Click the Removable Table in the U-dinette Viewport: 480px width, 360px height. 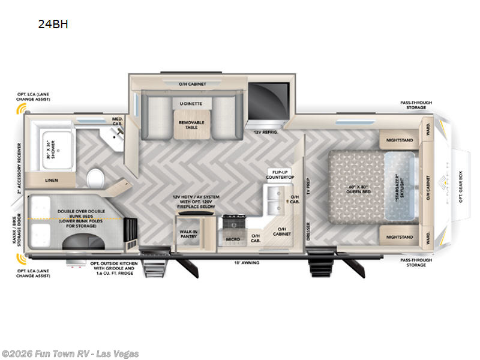[192, 125]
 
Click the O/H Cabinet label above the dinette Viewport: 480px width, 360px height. [192, 84]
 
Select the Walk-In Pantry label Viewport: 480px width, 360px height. [190, 234]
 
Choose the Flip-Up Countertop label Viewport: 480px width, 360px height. [281, 175]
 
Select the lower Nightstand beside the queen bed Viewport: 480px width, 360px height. [400, 237]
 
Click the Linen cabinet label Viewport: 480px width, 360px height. [52, 180]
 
